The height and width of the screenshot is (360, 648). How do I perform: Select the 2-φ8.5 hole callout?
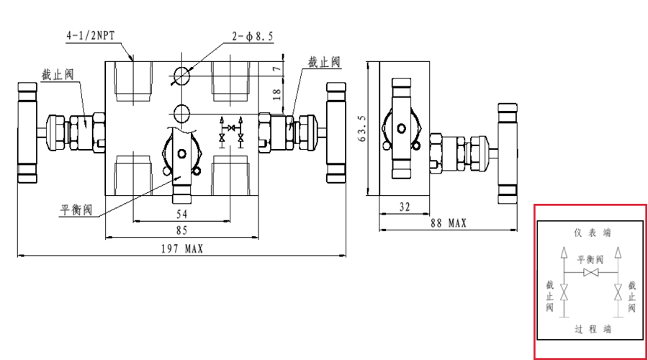point(252,37)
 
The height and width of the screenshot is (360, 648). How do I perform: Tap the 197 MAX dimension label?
point(181,248)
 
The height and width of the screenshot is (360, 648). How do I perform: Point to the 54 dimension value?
point(182,215)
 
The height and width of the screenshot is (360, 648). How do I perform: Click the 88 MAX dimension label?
point(448,224)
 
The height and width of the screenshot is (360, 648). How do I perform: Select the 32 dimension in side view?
point(404,207)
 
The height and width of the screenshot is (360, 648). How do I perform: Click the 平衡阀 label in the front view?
point(76,210)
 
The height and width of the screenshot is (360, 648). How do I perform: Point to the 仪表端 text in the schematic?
point(592,233)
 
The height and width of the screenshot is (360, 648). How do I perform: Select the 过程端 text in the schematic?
point(592,329)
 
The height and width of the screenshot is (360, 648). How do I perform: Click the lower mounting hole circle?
point(181,112)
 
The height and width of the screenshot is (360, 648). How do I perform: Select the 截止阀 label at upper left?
point(58,74)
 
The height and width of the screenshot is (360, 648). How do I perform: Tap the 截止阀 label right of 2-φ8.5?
point(324,63)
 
